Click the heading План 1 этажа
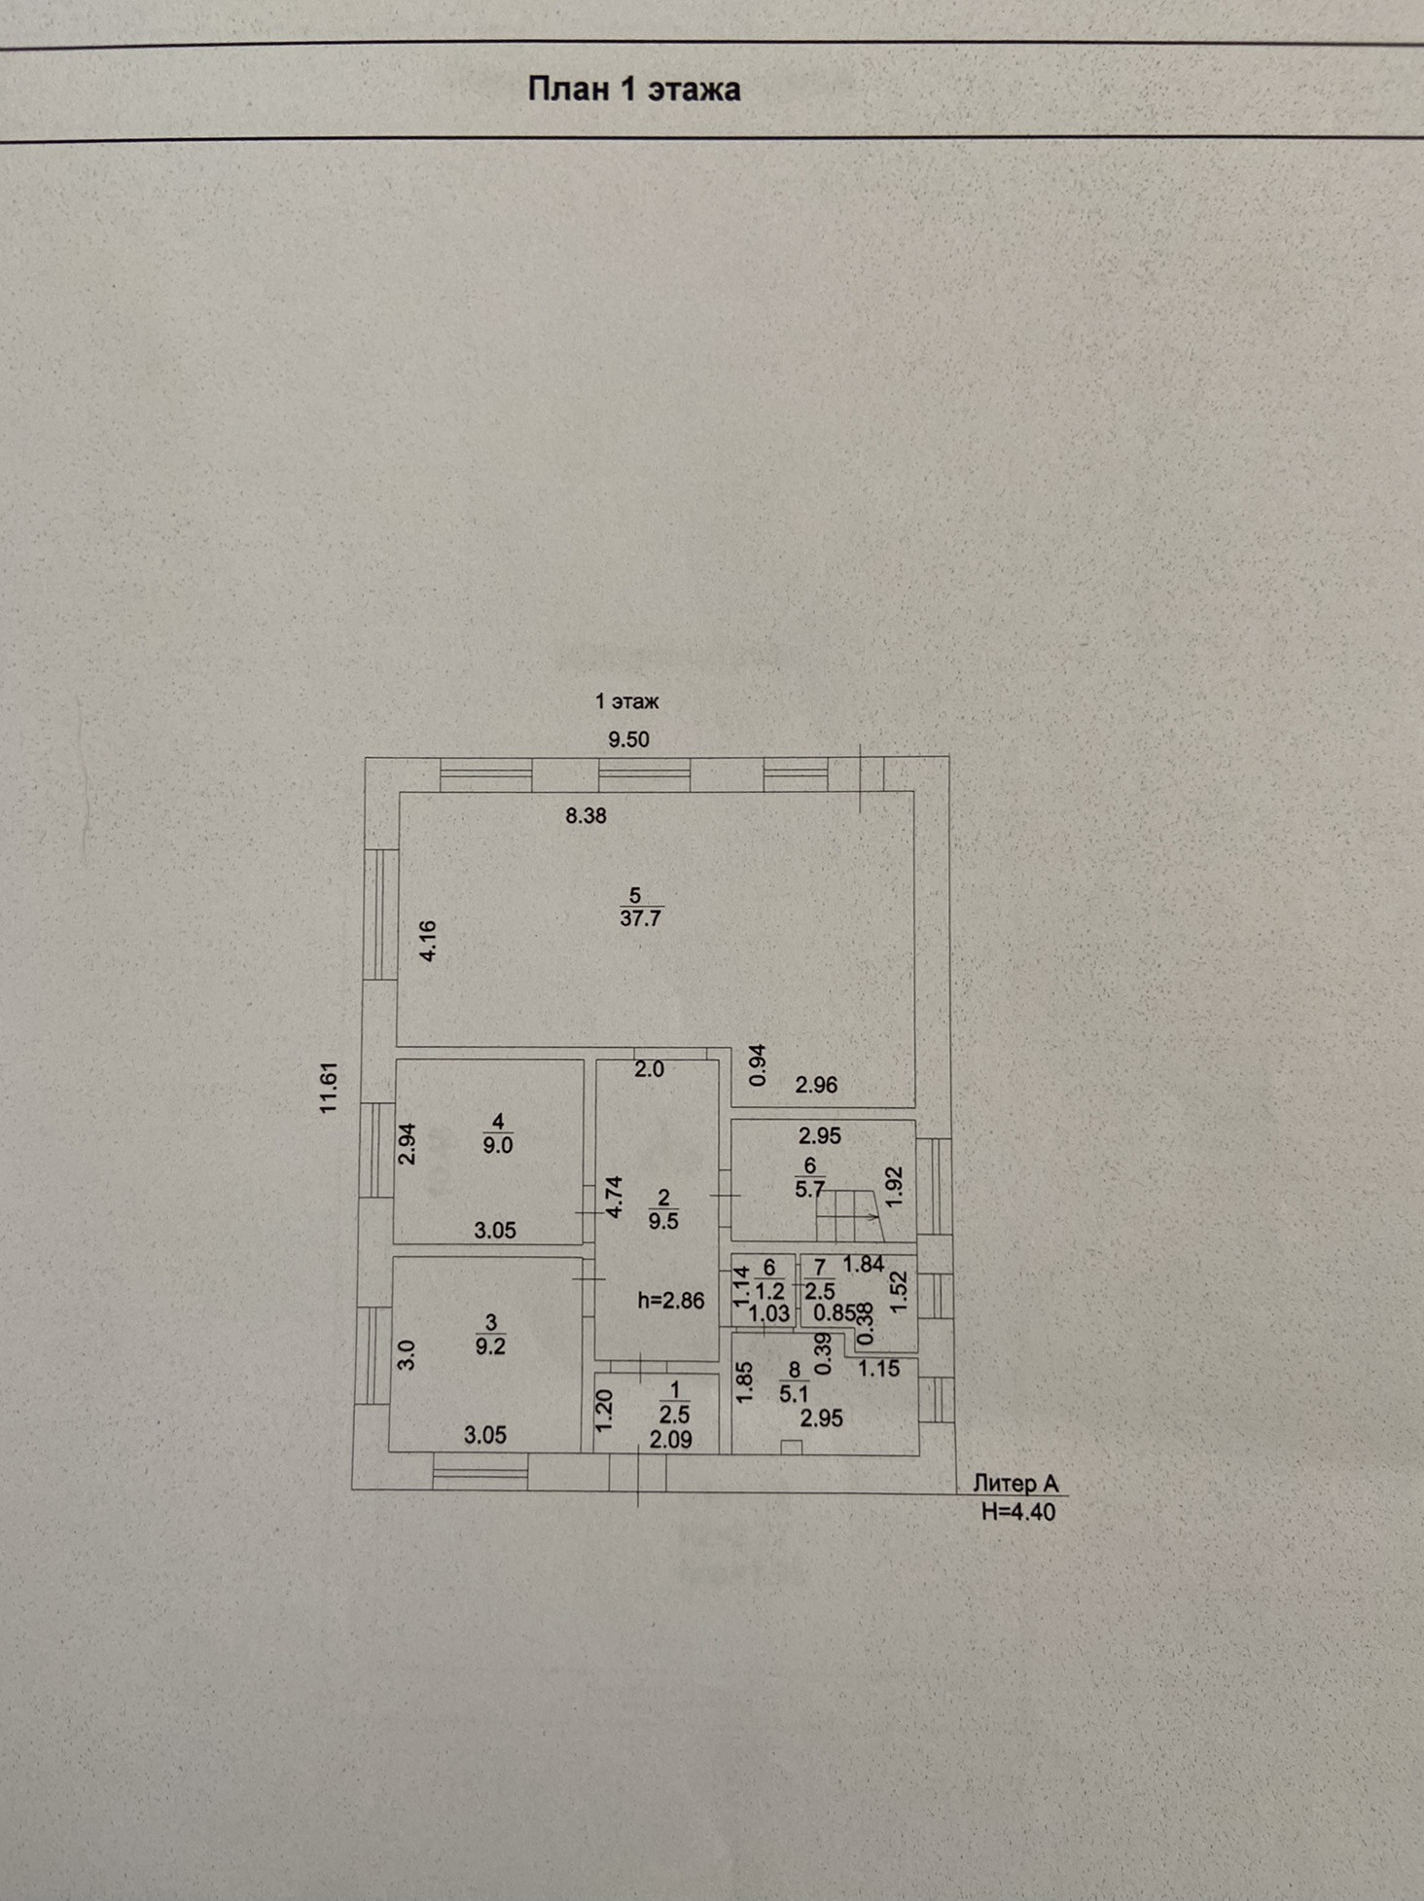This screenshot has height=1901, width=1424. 633,90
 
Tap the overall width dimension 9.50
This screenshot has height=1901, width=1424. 628,739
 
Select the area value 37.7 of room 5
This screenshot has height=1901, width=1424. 640,917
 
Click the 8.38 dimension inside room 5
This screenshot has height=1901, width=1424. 586,816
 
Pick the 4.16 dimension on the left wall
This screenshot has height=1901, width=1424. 428,941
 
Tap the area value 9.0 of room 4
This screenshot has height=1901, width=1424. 498,1145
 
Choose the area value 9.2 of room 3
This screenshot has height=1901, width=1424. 490,1346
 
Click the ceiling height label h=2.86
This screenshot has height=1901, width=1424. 670,1301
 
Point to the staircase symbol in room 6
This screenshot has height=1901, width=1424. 850,1219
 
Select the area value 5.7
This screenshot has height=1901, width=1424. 809,1189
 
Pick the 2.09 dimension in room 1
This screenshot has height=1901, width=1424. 670,1439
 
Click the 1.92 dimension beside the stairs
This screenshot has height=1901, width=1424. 896,1187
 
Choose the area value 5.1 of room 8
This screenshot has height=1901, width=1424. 794,1393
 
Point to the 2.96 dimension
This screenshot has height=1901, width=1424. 815,1086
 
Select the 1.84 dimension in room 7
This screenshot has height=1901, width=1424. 863,1265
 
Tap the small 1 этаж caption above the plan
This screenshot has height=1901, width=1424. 627,700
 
